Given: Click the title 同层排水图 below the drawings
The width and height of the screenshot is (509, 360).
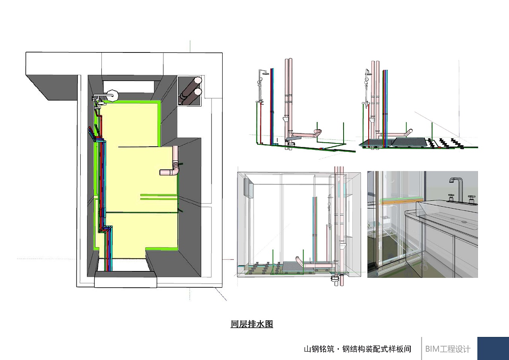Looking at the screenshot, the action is point(252,324).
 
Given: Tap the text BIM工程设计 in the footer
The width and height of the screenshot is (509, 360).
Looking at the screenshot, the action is point(447,349).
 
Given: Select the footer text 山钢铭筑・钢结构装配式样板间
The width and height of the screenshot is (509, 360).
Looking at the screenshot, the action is point(357,349).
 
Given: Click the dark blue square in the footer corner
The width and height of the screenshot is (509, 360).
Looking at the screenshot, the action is point(493,348).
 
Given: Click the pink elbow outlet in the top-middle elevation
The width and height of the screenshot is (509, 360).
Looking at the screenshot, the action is point(317,133).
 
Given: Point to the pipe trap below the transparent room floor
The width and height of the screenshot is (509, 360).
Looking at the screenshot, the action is point(335,280).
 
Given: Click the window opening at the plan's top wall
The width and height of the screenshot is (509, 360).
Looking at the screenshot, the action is point(128,86).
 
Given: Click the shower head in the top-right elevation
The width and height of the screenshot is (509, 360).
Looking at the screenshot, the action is point(369,73).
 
